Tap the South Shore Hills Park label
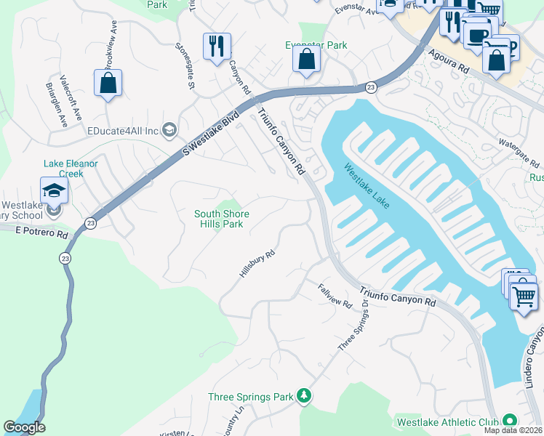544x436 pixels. pyautogui.click(x=221, y=219)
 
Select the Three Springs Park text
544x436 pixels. pyautogui.click(x=250, y=397)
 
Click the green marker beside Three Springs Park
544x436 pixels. pyautogui.click(x=304, y=397)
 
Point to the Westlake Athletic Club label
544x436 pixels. pyautogui.click(x=447, y=421)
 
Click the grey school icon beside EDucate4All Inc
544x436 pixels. pyautogui.click(x=169, y=130)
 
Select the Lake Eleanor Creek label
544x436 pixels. pyautogui.click(x=71, y=169)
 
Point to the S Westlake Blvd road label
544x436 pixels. pyautogui.click(x=211, y=134)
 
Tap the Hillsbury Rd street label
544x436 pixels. pyautogui.click(x=257, y=264)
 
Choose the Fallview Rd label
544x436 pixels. pyautogui.click(x=335, y=294)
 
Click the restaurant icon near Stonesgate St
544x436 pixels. pyautogui.click(x=217, y=47)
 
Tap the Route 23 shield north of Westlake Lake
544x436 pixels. pyautogui.click(x=371, y=87)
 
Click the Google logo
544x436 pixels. pyautogui.click(x=25, y=427)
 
